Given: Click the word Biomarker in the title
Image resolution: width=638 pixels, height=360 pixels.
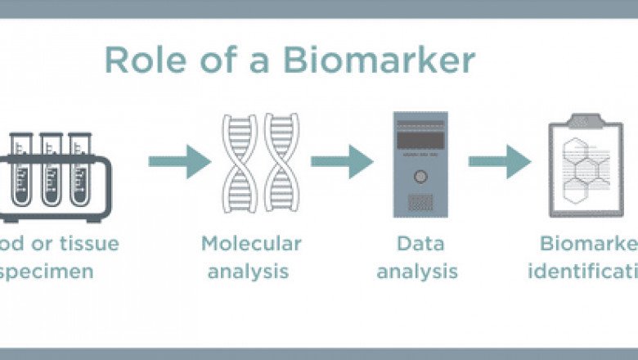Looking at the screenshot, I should coord(391,61).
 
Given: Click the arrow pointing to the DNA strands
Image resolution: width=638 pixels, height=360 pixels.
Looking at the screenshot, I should coord(179,161).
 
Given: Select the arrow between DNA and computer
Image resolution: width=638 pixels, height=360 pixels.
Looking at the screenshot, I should coord(342,161).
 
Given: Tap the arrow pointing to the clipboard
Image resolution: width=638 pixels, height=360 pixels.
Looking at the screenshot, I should coord(499,161).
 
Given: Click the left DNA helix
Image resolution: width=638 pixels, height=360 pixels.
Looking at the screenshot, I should coord(240,164).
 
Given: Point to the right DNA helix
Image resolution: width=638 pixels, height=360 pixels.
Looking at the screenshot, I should coord(281,164).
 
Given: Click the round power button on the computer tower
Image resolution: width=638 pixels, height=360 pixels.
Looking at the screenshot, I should coord(420,176).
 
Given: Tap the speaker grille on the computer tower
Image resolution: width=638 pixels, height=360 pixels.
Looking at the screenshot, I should coord(420,201).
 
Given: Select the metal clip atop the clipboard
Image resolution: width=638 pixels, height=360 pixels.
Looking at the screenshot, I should coord(586,119).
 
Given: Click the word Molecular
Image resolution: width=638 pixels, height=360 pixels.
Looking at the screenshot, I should coord(251,243).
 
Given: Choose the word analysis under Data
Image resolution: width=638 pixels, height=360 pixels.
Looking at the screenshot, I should coord(417,271).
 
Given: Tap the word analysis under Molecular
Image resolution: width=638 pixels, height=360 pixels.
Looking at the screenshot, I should coord(248,271).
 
